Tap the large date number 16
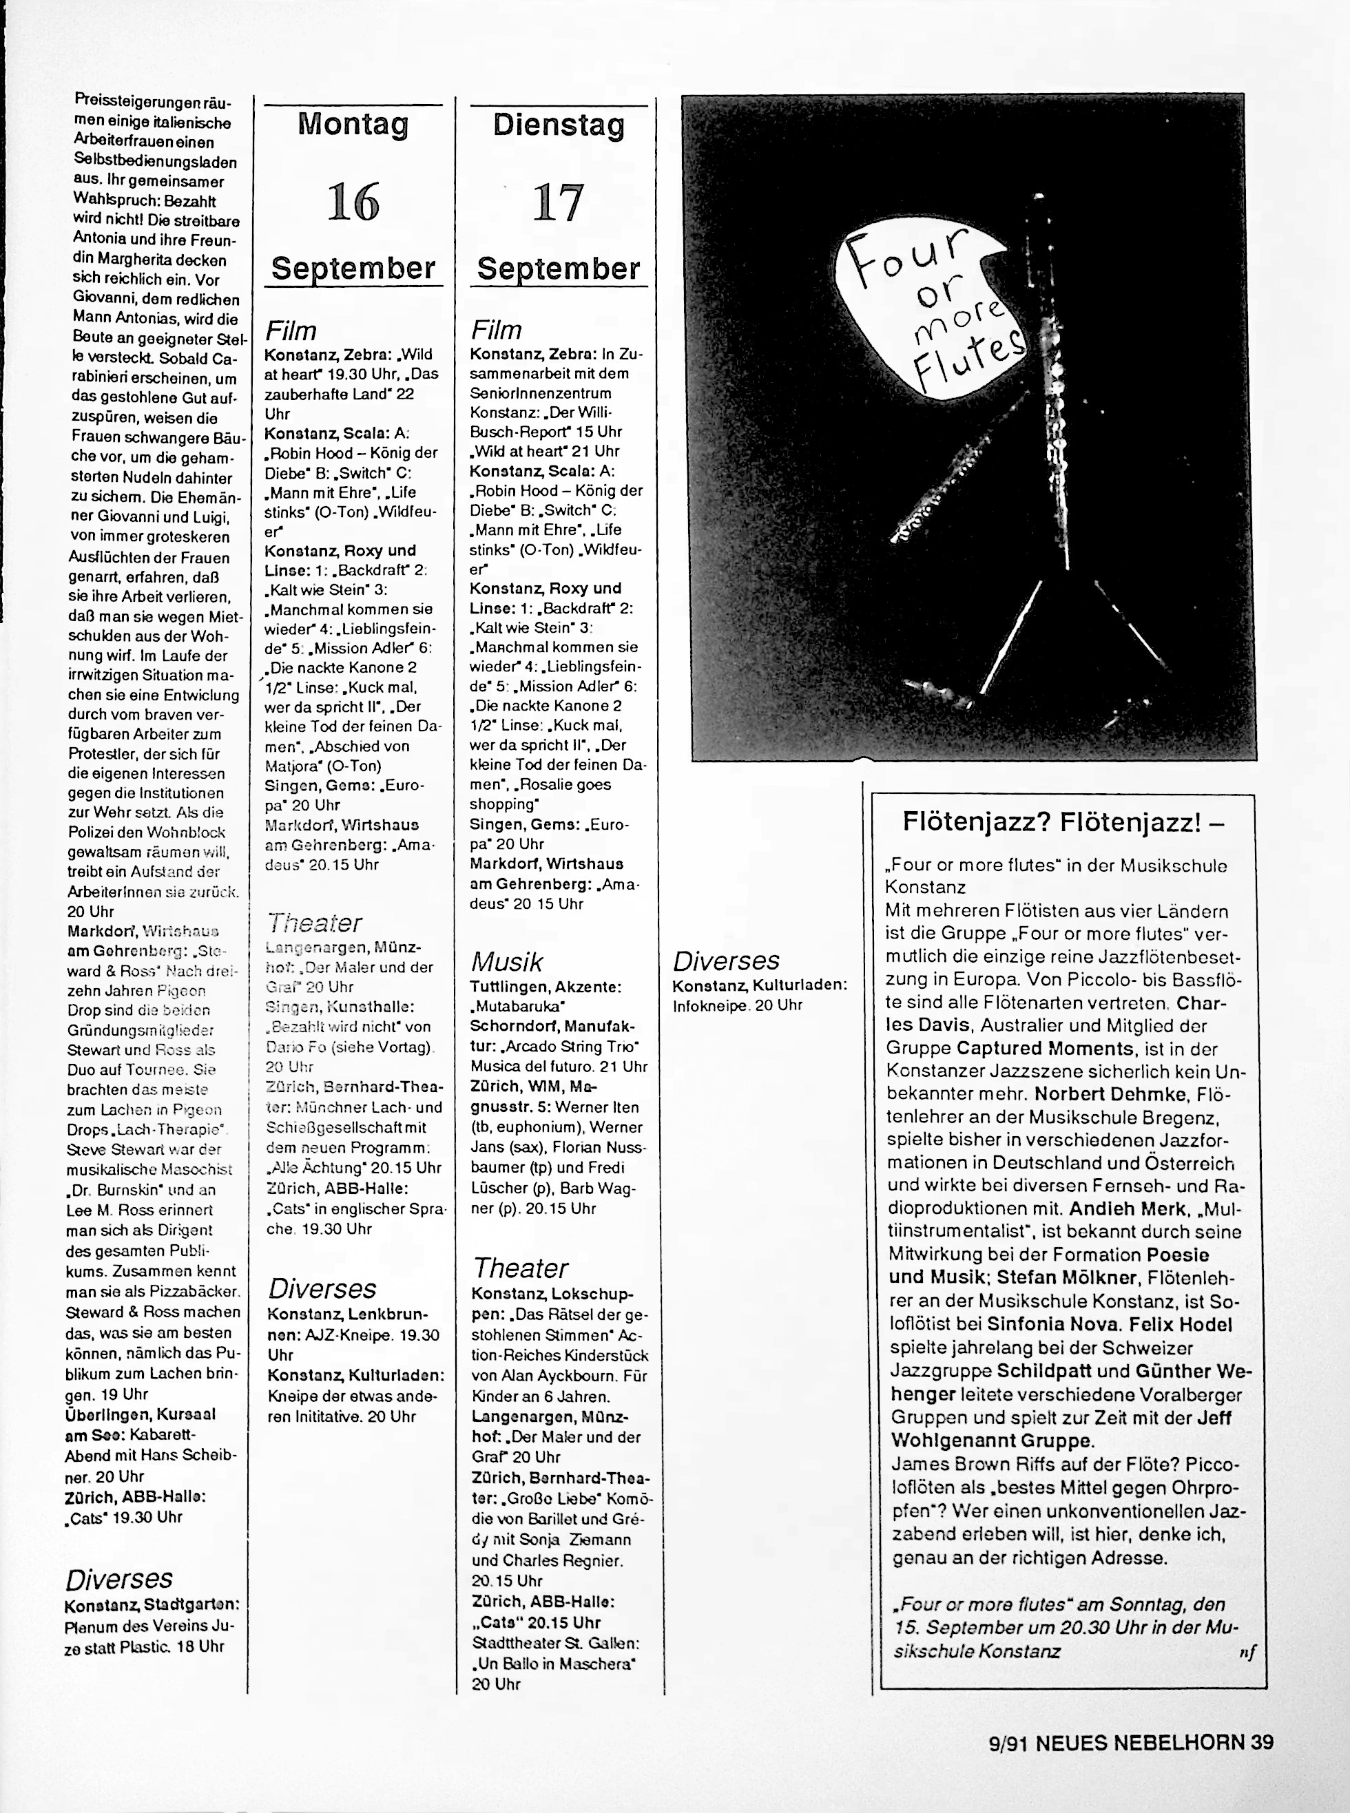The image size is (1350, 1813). (353, 202)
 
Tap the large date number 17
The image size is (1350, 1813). (558, 202)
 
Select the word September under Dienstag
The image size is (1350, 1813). (558, 269)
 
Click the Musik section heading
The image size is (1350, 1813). (507, 962)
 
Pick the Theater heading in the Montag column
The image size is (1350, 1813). (314, 923)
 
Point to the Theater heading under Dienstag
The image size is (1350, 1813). (520, 1268)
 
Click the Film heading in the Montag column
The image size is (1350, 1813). (290, 331)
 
